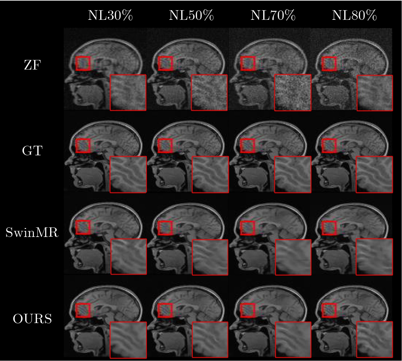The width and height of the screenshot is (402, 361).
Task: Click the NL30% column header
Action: (110, 15)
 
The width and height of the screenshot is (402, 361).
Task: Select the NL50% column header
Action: (191, 15)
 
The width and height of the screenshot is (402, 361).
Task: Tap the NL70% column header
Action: (273, 15)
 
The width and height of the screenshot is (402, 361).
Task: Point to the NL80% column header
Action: (354, 15)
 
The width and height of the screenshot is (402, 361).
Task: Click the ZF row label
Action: (32, 65)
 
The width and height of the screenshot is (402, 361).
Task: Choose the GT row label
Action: (32, 151)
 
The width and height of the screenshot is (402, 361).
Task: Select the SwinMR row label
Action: (32, 232)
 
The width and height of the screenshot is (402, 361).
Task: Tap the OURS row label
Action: (32, 319)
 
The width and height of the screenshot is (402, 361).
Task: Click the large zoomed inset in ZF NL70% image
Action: (293, 92)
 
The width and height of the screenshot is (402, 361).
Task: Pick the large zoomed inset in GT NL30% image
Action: (128, 174)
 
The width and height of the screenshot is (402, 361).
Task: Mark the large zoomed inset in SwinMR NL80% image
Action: (374, 257)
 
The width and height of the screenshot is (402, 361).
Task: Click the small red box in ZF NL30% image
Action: (83, 63)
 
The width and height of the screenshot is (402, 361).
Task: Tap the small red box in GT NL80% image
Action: (329, 146)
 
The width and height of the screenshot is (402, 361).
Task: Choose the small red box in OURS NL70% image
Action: (248, 310)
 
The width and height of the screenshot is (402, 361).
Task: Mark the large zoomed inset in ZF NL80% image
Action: (375, 93)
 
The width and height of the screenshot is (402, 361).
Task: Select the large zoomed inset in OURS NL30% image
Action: (128, 340)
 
